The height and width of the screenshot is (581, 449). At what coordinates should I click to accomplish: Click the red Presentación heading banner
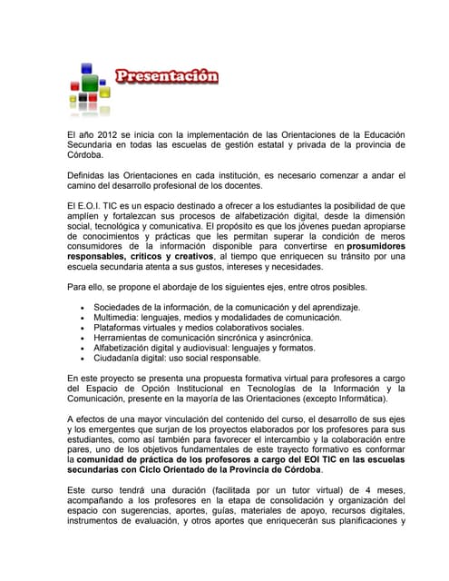point(166,75)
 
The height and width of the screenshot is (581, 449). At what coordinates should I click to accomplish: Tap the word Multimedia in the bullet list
point(118,318)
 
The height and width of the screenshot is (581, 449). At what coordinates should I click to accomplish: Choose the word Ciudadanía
point(118,358)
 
